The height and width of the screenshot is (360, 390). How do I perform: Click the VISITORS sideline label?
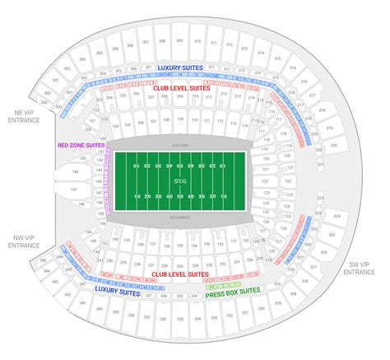(x=180, y=144)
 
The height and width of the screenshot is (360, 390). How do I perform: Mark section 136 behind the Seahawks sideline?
(x=166, y=244)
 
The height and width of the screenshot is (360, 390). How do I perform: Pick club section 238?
(x=136, y=261)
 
